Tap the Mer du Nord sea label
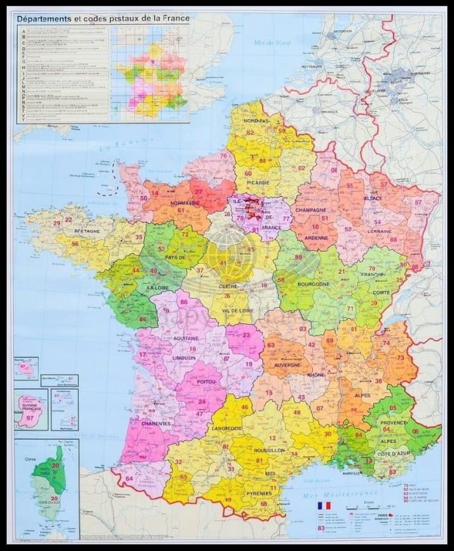click(x=273, y=43)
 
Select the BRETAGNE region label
click(x=86, y=231)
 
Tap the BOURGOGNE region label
click(x=314, y=283)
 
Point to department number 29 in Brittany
click(x=57, y=223)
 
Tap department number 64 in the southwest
click(x=129, y=479)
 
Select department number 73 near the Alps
click(x=400, y=358)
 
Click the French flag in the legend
click(x=324, y=506)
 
